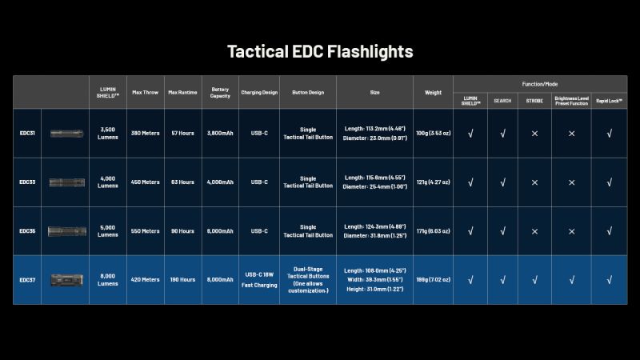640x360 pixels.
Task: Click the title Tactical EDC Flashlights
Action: (x=320, y=51)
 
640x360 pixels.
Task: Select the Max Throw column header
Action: (x=145, y=92)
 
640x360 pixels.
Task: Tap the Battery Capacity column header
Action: (x=221, y=92)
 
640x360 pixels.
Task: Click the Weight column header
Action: (x=433, y=92)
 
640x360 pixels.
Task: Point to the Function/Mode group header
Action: (x=540, y=83)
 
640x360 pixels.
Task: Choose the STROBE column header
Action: (x=534, y=101)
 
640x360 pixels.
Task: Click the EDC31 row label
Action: (x=27, y=133)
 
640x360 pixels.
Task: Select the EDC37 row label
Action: (x=27, y=279)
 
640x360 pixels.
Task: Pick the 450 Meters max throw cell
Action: (x=145, y=182)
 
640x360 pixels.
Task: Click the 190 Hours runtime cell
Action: (x=182, y=279)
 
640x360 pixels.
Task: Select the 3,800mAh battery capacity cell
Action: (x=221, y=133)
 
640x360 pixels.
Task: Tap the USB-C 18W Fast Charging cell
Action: (x=259, y=279)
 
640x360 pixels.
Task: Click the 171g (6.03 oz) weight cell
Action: (x=433, y=230)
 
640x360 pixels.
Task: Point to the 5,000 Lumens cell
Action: (x=107, y=230)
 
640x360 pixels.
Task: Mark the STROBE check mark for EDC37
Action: (x=534, y=279)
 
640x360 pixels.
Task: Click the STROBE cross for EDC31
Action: (x=534, y=133)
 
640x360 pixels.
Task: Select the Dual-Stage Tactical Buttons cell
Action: (x=308, y=279)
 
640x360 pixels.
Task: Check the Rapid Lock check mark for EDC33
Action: (x=610, y=182)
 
